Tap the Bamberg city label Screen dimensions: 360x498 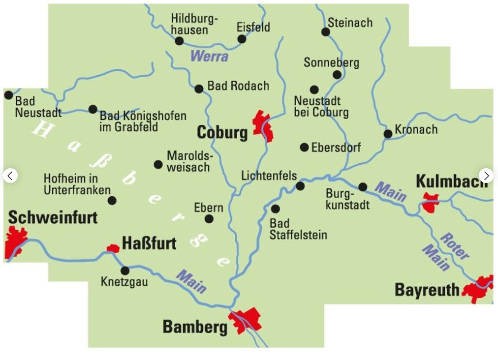(x=195, y=327)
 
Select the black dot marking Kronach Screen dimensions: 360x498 (x=388, y=133)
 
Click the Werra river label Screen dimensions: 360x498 (x=209, y=56)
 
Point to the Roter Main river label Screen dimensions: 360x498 (x=454, y=246)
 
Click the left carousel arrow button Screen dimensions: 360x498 (x=10, y=176)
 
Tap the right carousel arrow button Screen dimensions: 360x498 (x=486, y=176)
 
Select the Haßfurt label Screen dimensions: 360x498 (x=149, y=243)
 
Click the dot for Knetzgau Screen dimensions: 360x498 (x=125, y=270)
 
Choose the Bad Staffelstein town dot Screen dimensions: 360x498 (x=276, y=209)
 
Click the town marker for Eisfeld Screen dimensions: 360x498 (x=242, y=39)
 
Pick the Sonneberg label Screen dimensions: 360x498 (x=331, y=62)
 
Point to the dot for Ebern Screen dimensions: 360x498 (x=209, y=219)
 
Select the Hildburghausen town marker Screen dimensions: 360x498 (x=180, y=41)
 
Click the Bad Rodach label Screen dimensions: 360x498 (x=238, y=86)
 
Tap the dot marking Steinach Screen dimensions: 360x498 (x=326, y=32)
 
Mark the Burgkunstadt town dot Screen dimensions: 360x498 (x=363, y=187)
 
